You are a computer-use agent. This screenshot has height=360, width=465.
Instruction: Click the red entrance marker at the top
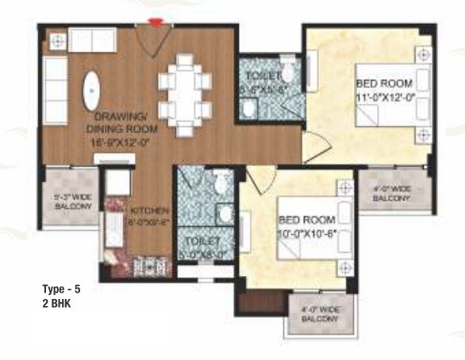(156, 21)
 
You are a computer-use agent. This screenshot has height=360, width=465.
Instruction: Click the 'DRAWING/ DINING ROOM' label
(122, 122)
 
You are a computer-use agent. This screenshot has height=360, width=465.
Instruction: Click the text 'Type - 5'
(62, 290)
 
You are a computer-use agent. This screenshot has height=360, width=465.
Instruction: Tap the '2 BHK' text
(56, 303)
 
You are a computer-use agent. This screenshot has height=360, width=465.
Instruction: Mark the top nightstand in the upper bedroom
(422, 56)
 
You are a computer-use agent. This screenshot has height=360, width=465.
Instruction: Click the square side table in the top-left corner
(56, 39)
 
